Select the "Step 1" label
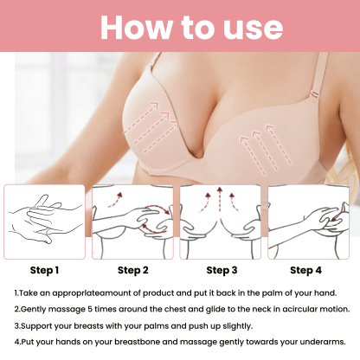[x=44, y=270]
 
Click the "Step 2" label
[x=133, y=270]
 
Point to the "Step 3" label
[x=222, y=270]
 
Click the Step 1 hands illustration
[x=44, y=222]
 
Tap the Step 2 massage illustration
[x=133, y=222]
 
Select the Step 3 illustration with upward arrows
[x=222, y=222]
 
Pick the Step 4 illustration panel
[x=311, y=222]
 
